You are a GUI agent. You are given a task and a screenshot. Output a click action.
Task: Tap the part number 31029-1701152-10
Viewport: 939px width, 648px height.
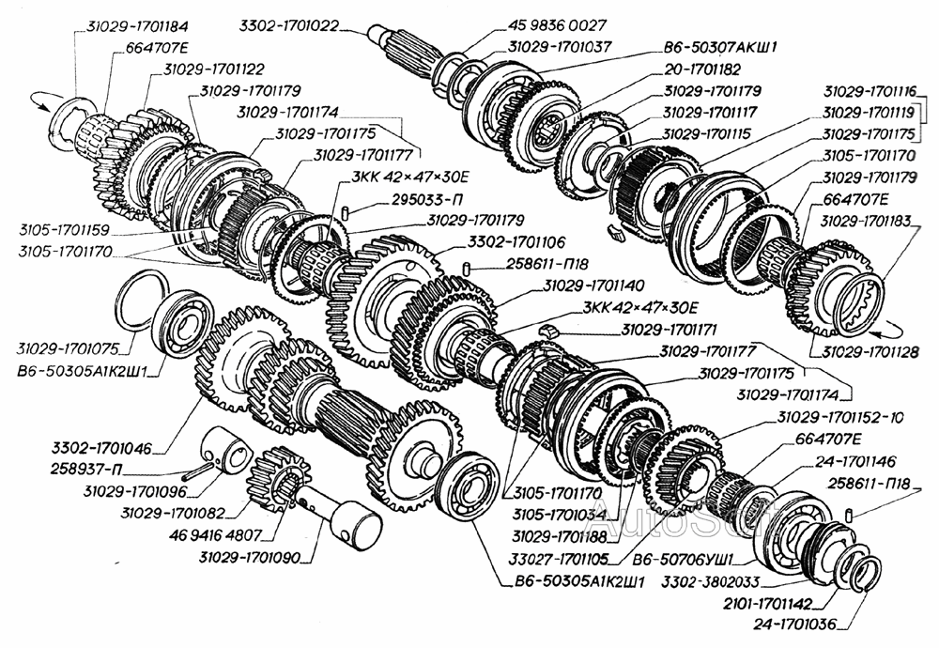click(842, 418)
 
